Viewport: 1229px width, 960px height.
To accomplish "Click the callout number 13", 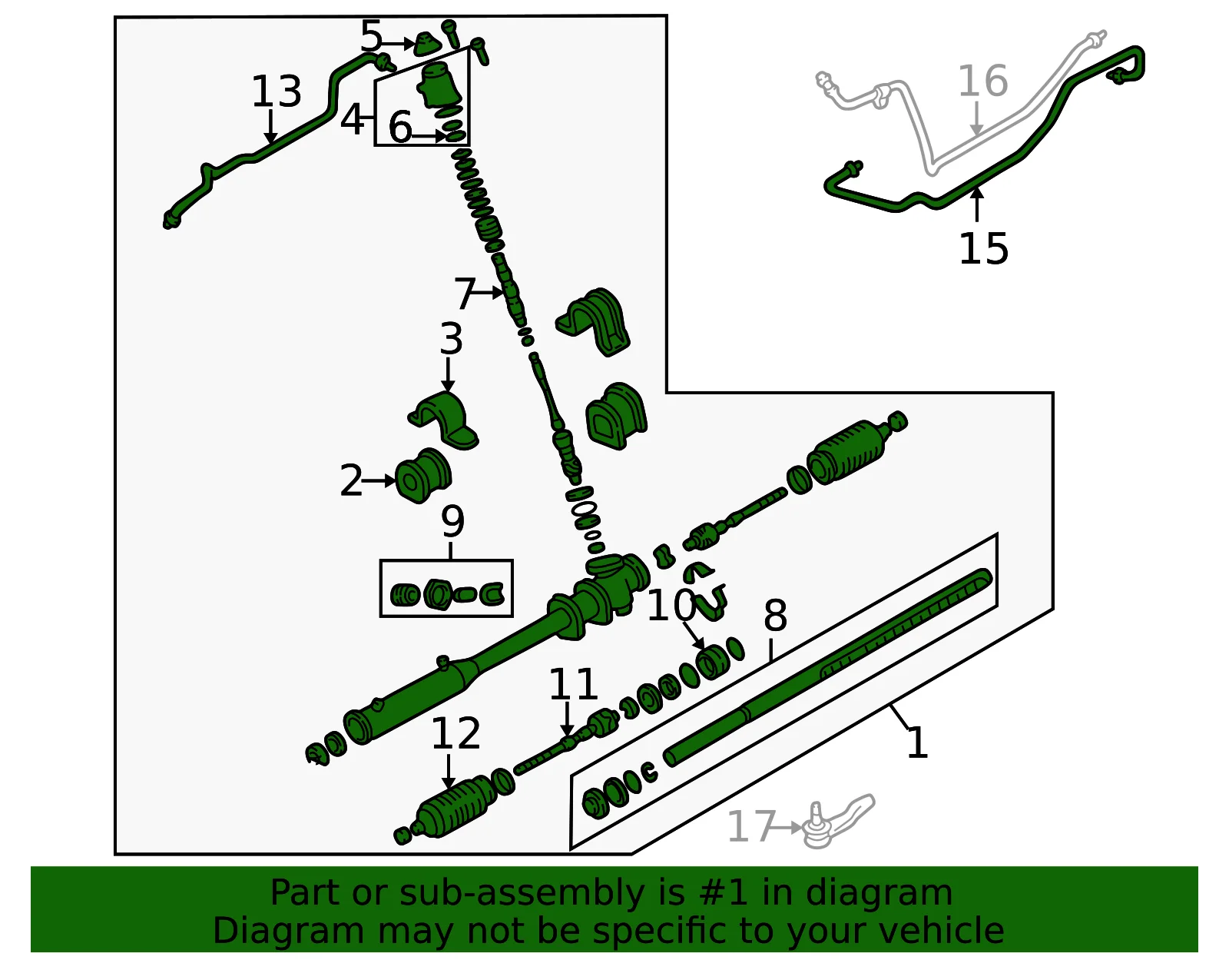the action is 276,91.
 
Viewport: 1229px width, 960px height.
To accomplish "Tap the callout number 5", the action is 371,35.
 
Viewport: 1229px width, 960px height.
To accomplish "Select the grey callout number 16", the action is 983,81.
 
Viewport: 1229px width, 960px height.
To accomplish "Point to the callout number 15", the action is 983,248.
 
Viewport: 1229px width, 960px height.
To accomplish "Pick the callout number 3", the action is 452,339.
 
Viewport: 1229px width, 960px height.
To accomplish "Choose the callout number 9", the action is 452,522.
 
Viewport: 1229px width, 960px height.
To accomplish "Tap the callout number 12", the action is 455,733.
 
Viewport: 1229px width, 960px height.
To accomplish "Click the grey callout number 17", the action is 751,826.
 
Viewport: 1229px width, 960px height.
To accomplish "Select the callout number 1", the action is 917,743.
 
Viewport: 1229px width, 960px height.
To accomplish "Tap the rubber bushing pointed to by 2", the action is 423,475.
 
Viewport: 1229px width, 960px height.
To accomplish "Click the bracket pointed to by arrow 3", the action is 444,419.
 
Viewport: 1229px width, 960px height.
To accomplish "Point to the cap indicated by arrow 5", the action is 428,45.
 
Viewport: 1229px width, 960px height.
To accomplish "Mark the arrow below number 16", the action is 977,119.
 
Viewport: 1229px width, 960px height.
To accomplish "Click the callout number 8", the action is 775,616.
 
